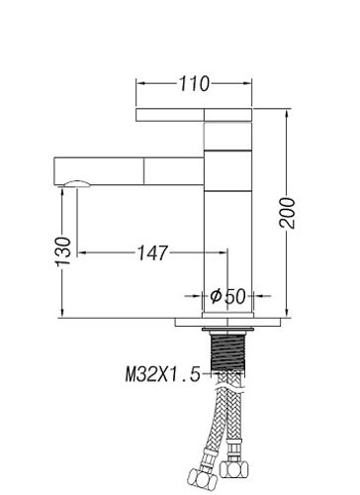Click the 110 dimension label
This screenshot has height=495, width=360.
(194, 84)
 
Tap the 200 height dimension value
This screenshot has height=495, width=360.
(287, 213)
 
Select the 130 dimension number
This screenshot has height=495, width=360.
(63, 251)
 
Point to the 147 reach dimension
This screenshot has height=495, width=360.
(152, 253)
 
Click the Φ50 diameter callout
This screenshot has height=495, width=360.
(227, 296)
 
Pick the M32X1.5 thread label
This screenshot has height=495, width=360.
(163, 374)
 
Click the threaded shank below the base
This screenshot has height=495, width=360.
(227, 351)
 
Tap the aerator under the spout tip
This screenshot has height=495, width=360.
(77, 184)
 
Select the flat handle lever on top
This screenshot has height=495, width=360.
(194, 115)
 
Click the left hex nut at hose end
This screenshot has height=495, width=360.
(203, 478)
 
